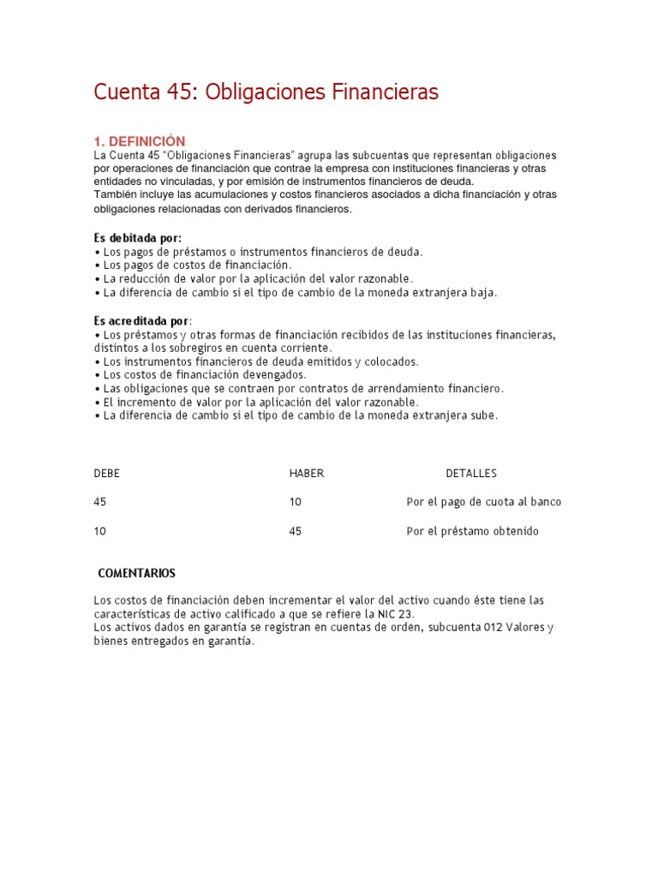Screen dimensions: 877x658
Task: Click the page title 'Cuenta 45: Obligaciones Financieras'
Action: point(266,92)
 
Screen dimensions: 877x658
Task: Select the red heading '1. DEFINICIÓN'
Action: point(139,140)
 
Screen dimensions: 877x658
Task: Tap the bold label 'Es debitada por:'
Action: point(137,237)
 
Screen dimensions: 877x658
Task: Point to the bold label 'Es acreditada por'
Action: point(141,319)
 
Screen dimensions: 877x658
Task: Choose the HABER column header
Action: point(307,473)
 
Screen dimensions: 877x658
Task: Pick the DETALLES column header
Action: point(470,473)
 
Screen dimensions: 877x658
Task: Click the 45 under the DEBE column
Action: point(100,502)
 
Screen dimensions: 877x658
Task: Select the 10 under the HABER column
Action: point(296,502)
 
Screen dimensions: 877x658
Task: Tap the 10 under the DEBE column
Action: point(100,531)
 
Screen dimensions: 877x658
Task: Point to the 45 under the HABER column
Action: point(296,531)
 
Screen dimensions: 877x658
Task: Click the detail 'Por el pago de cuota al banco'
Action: point(484,502)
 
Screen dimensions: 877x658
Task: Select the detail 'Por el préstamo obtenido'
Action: point(473,531)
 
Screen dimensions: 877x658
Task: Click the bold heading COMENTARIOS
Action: point(137,572)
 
